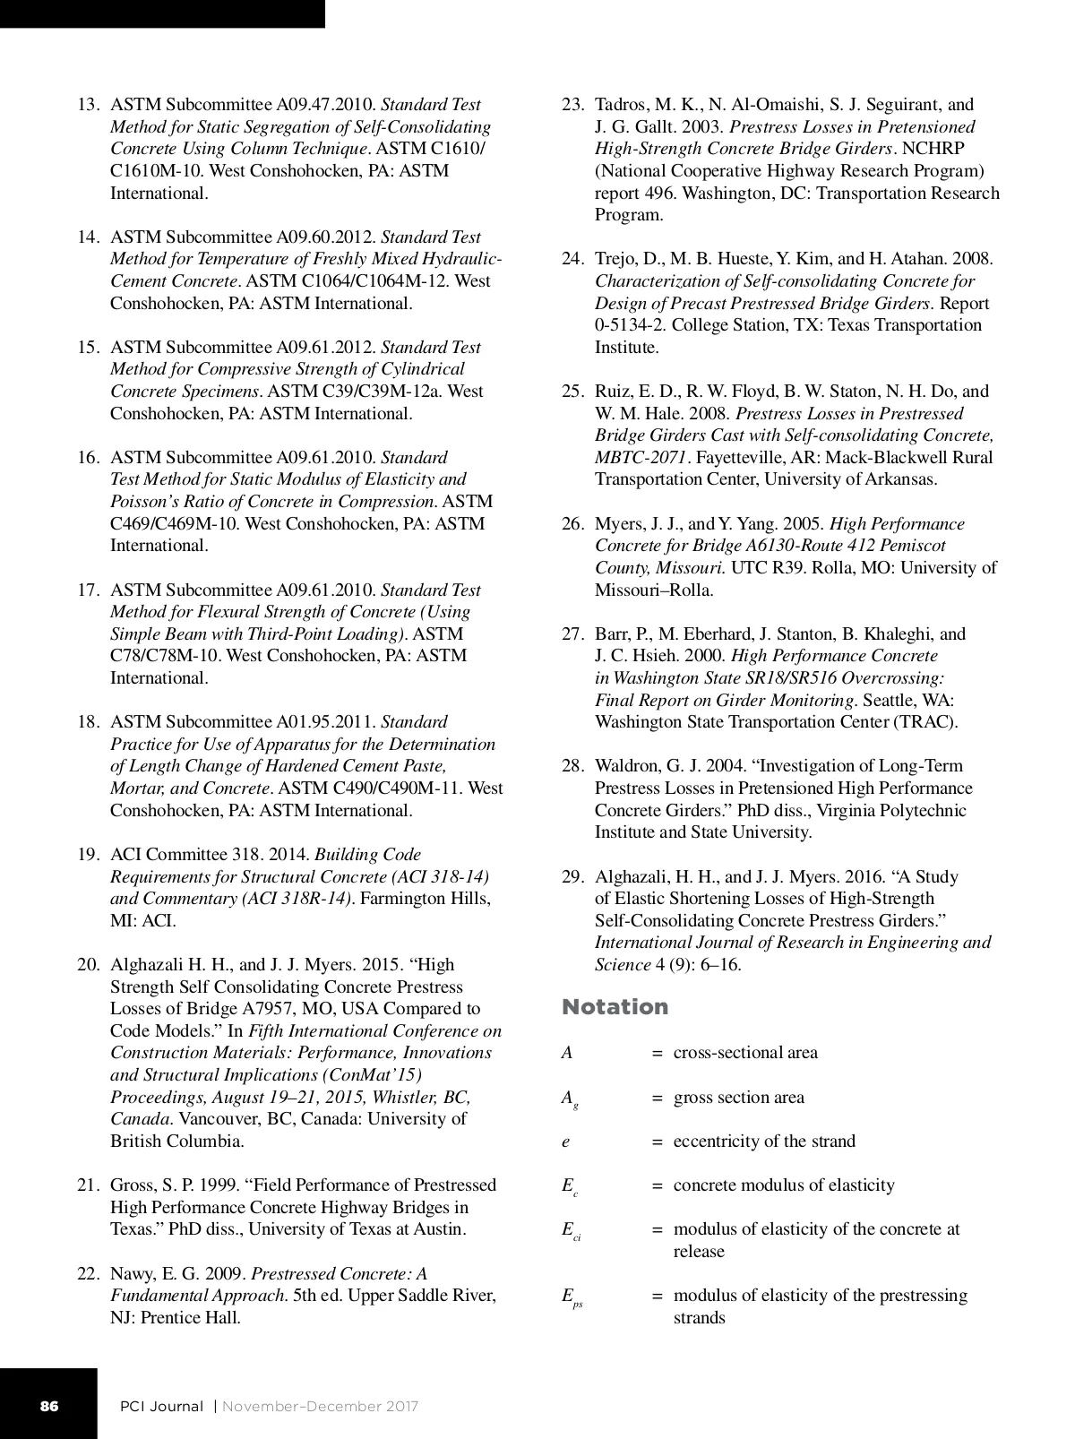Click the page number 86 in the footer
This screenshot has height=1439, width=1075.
[48, 1406]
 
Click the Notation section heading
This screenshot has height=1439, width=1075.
[615, 1007]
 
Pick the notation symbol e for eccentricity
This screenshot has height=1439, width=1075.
[566, 1142]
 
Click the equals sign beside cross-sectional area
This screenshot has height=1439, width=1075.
[657, 1053]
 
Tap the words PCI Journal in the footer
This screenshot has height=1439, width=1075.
[162, 1407]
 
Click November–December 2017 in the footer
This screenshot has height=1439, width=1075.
[320, 1407]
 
